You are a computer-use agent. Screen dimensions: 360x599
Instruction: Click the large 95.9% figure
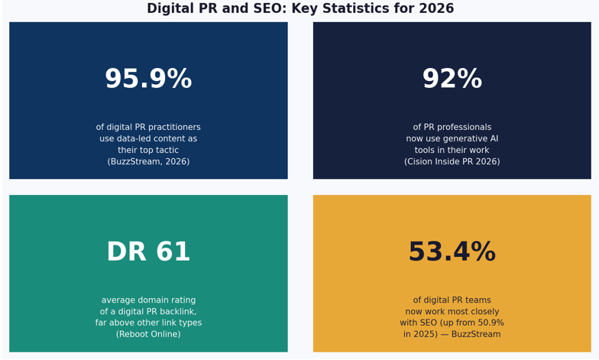click(148, 79)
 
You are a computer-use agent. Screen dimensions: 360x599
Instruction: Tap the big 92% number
click(452, 79)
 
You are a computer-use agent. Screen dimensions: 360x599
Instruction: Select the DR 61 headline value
click(148, 252)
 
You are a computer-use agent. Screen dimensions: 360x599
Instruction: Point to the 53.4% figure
click(452, 252)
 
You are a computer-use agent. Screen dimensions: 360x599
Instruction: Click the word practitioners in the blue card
click(172, 128)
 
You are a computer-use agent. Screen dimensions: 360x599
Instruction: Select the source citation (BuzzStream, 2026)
click(148, 162)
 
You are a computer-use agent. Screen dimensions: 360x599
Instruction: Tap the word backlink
click(175, 312)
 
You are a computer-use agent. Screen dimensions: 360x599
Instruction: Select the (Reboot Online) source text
click(148, 335)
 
